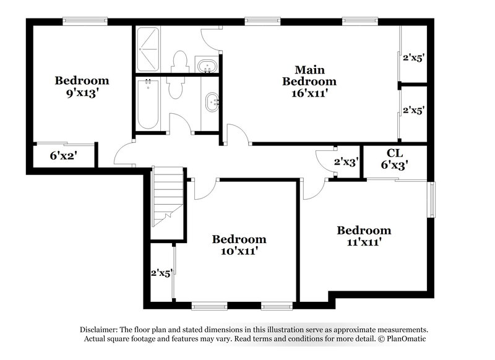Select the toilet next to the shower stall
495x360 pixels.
[180, 61]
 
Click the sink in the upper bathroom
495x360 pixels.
[205, 65]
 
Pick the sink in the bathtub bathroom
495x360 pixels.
[212, 101]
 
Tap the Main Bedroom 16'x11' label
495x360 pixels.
[309, 81]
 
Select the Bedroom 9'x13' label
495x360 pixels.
[82, 87]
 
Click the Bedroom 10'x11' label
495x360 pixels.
[239, 245]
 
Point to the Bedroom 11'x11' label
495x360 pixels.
[364, 236]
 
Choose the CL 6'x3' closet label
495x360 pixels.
[394, 159]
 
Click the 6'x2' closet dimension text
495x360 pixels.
[62, 156]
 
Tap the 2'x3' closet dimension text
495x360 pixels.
[346, 162]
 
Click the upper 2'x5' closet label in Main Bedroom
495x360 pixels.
[413, 59]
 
